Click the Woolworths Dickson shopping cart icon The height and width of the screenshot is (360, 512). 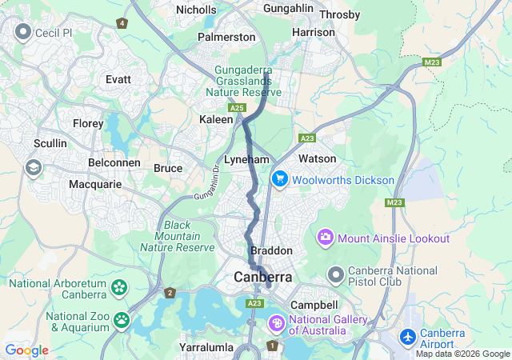[279, 179]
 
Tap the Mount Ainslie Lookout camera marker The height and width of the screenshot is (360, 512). [326, 238]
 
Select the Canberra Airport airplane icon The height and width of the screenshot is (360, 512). [408, 337]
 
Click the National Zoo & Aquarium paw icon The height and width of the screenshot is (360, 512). [121, 321]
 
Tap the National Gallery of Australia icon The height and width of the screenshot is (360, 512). [276, 323]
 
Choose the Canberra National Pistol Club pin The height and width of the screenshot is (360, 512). [336, 275]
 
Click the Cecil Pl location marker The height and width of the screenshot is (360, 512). [22, 32]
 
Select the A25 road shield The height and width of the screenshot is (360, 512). [236, 107]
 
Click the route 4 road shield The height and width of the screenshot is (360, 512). [122, 23]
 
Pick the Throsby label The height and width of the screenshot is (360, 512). [340, 14]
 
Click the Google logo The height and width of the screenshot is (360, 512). [26, 350]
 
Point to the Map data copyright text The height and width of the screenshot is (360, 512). [462, 354]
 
